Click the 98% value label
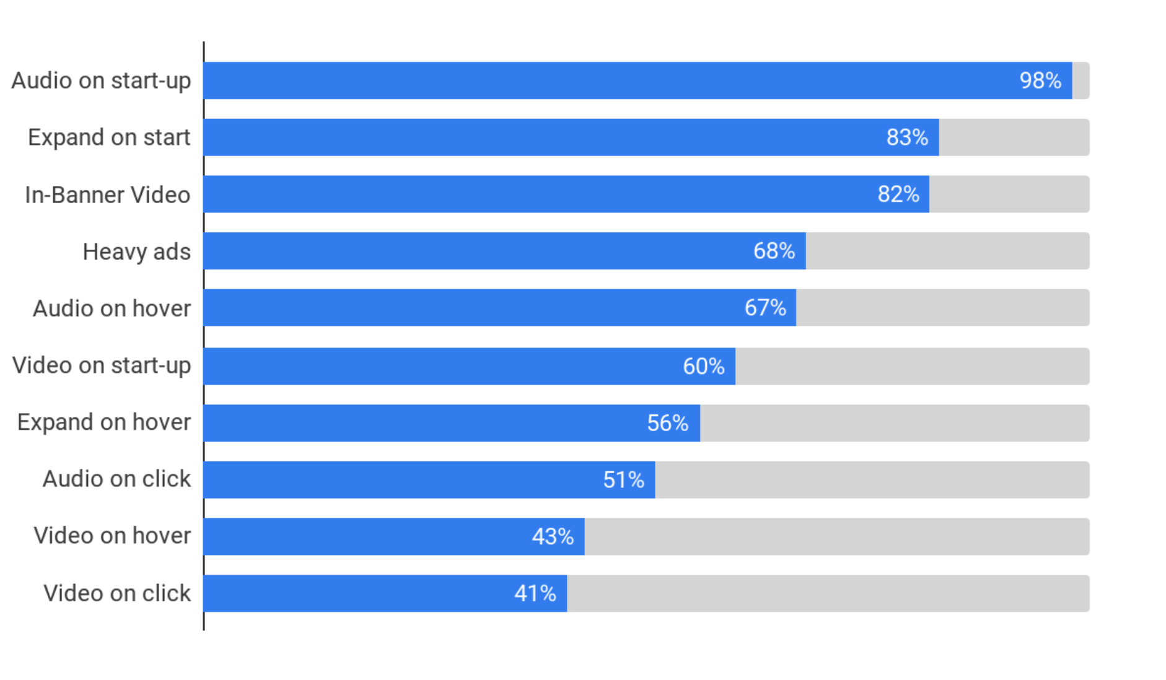pos(1040,81)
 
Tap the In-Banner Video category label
pos(107,194)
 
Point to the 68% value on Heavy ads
pos(774,251)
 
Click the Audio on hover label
pos(112,308)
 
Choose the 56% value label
pos(667,423)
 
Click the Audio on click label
pos(116,479)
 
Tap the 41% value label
pos(535,593)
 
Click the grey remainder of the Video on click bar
pos(828,593)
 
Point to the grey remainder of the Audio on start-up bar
pos(1081,81)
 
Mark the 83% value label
pos(907,137)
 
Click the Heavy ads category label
pos(136,251)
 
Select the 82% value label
pos(898,194)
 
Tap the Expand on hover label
pos(104,422)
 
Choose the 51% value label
pos(623,480)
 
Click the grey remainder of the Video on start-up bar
pos(912,366)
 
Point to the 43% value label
pos(553,536)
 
